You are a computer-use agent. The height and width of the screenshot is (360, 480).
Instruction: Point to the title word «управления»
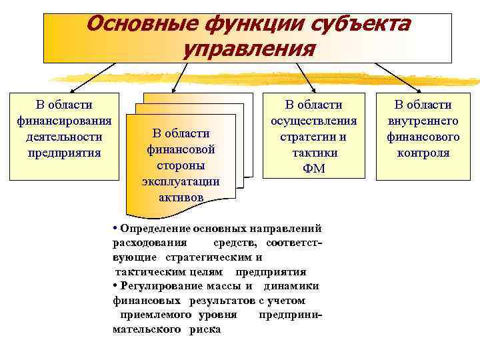tap(249, 49)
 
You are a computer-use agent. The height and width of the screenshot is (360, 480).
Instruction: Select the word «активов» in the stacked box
tap(181, 197)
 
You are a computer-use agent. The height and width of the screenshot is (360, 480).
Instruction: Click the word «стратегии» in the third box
tap(313, 137)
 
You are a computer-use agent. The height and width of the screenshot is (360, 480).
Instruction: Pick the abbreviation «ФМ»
tap(313, 169)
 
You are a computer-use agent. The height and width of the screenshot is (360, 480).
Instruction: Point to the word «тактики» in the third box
tap(313, 153)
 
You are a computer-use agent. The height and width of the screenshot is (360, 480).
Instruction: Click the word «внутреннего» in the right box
tap(423, 121)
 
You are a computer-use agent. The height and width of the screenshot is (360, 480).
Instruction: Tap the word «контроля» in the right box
tap(423, 153)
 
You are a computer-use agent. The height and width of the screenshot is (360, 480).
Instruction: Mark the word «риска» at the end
tap(205, 329)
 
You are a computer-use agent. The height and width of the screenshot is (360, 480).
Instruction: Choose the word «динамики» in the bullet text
tap(292, 286)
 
